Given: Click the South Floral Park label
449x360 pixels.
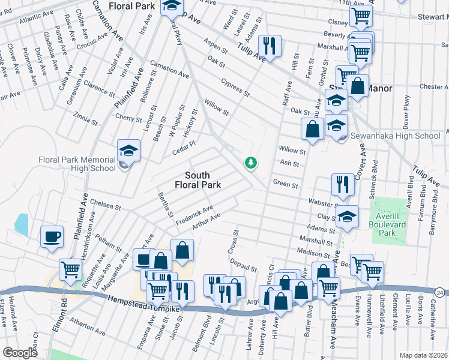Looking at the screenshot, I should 202,180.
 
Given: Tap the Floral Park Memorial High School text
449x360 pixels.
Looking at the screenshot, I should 76,164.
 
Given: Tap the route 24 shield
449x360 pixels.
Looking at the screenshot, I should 441,292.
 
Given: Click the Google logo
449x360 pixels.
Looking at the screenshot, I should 20,352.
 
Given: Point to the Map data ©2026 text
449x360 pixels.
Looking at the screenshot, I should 423,355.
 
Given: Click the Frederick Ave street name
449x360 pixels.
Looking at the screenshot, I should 194,215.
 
